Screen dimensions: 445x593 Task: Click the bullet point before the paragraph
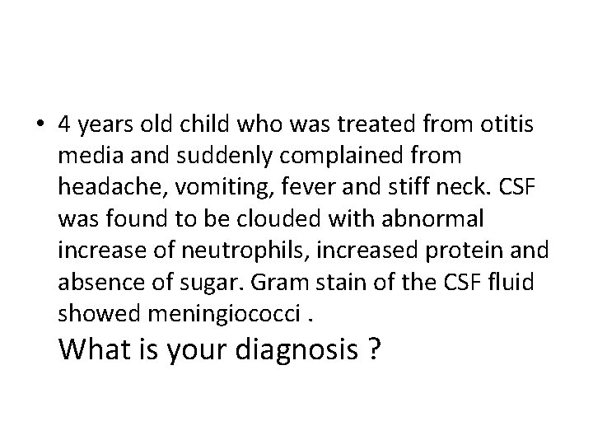point(40,125)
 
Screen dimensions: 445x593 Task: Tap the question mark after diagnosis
point(376,351)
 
